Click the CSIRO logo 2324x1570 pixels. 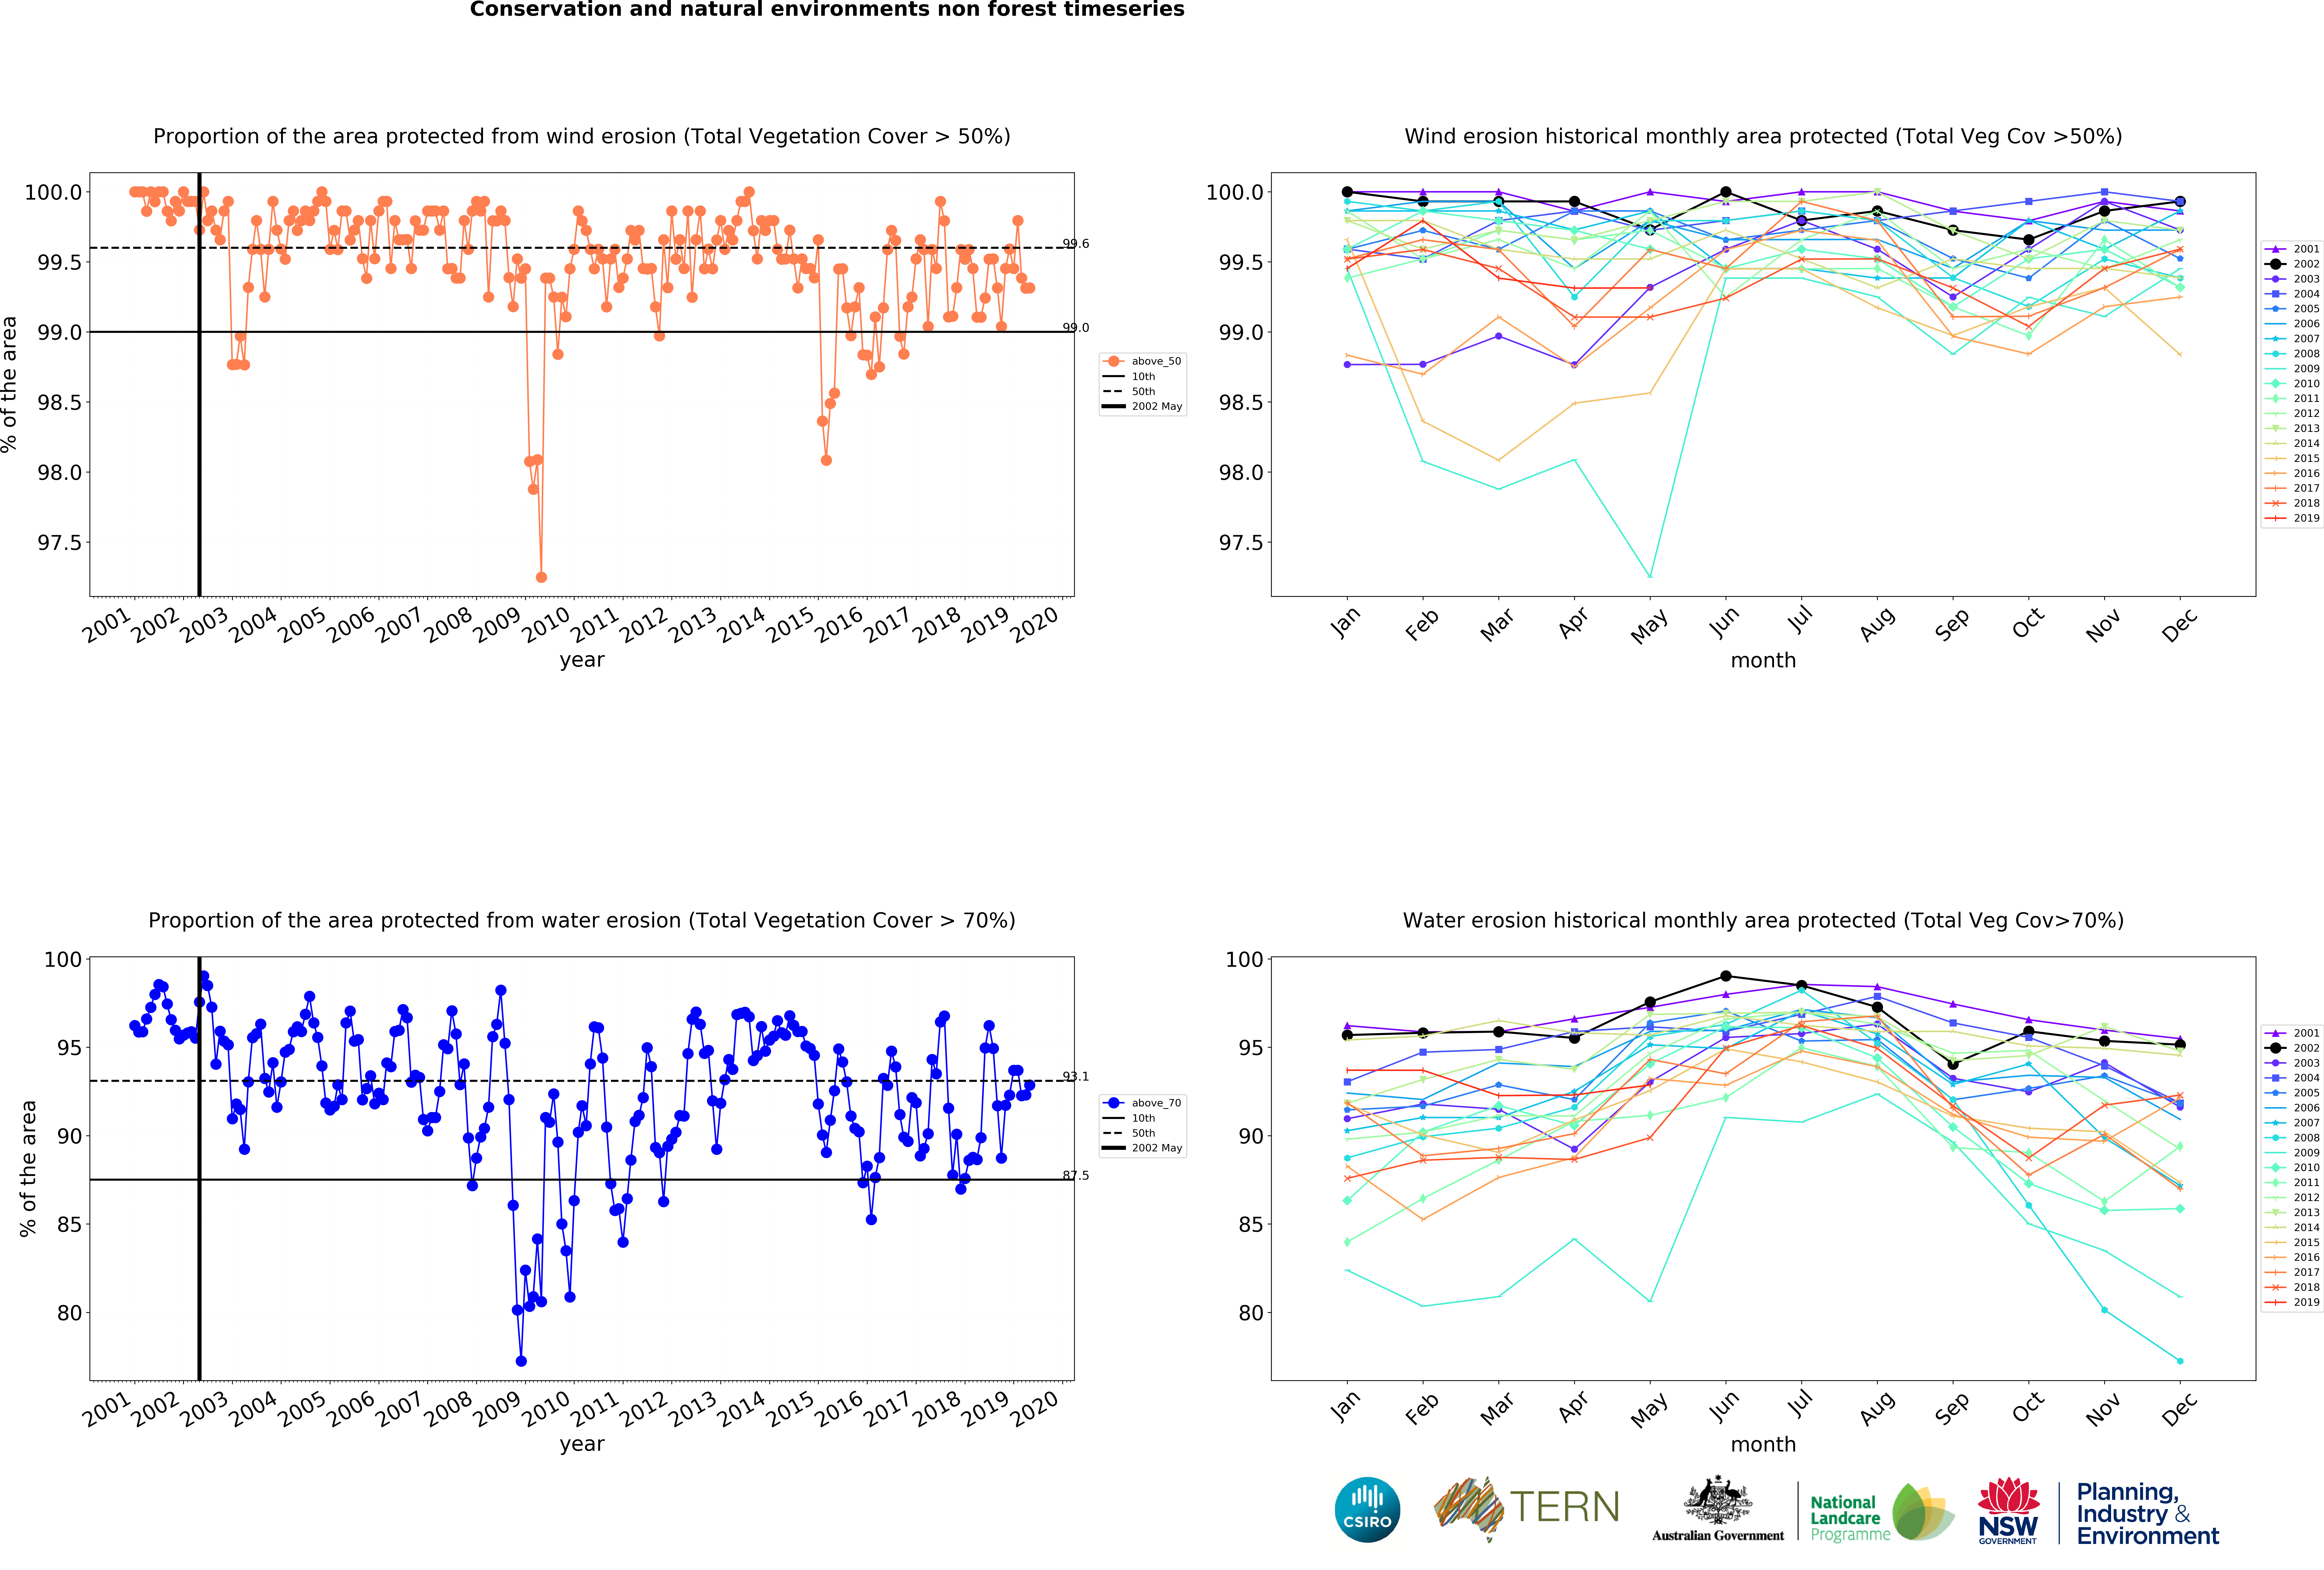(1367, 1509)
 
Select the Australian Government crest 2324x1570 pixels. (1717, 1500)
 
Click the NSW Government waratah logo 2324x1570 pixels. (2008, 1510)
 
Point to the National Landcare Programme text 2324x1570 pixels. (1850, 1518)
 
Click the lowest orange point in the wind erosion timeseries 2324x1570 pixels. (541, 577)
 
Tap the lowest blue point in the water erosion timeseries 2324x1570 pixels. (521, 1361)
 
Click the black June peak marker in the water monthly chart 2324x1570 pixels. (1726, 976)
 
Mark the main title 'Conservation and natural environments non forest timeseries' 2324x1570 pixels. (827, 10)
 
